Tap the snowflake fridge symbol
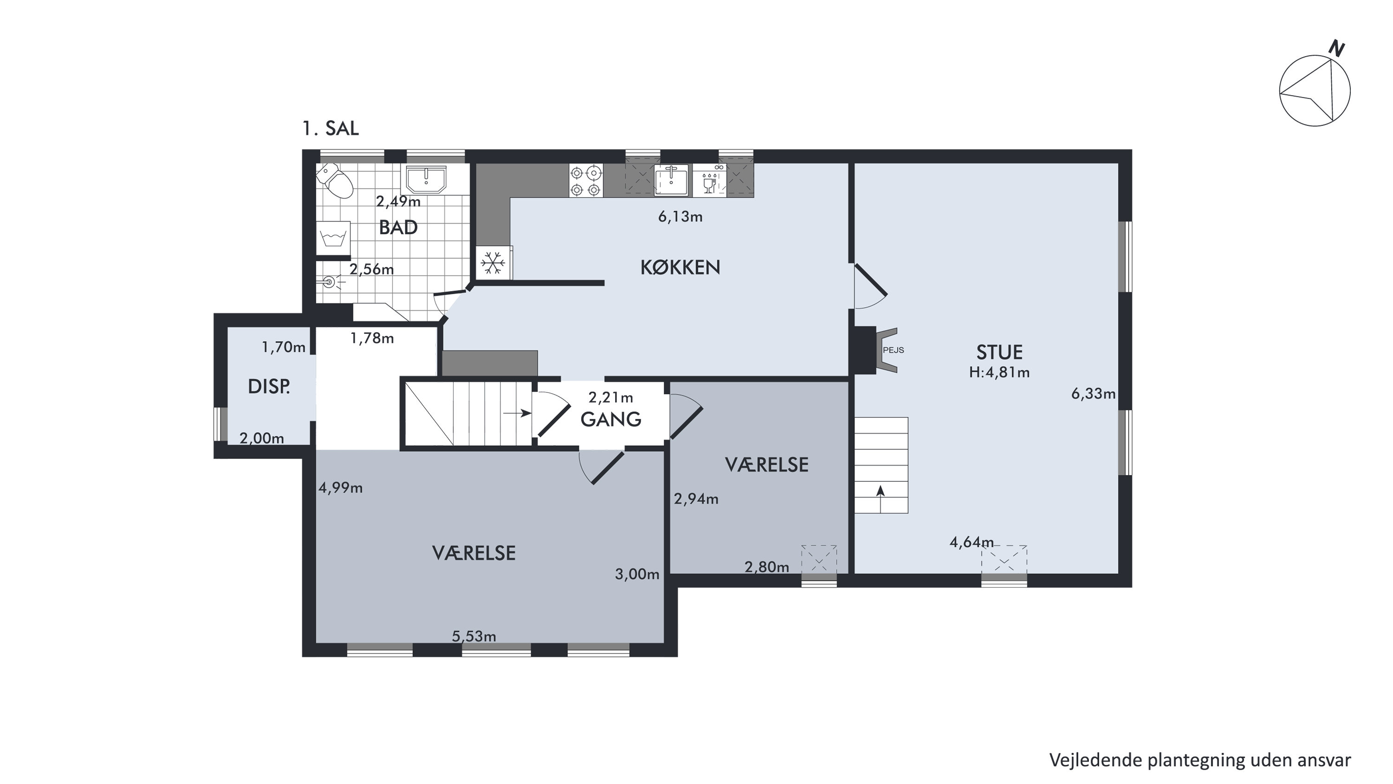point(493,263)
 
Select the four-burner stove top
point(586,181)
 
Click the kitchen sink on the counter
point(671,181)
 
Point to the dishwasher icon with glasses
point(710,181)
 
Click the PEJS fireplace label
point(893,350)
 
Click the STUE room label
point(999,352)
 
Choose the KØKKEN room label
point(680,267)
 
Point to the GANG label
point(611,420)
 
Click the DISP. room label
point(269,387)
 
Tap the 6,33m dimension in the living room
point(1094,394)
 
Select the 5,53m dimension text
point(474,636)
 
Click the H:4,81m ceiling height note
point(999,373)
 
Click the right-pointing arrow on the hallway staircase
point(517,414)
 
